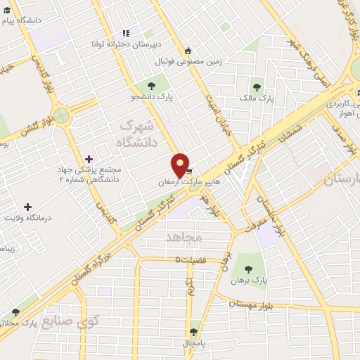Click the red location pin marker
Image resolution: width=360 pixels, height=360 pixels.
tap(181, 165)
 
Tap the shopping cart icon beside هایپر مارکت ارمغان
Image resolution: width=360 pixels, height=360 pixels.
tap(188, 172)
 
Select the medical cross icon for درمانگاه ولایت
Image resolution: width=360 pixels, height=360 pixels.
tap(27, 207)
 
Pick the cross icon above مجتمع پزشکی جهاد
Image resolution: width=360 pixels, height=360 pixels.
tap(88, 160)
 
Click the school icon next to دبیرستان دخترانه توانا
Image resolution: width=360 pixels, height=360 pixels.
tap(126, 33)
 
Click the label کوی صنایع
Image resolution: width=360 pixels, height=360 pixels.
tap(70, 321)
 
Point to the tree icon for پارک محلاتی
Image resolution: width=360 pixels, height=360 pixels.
tap(15, 312)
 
